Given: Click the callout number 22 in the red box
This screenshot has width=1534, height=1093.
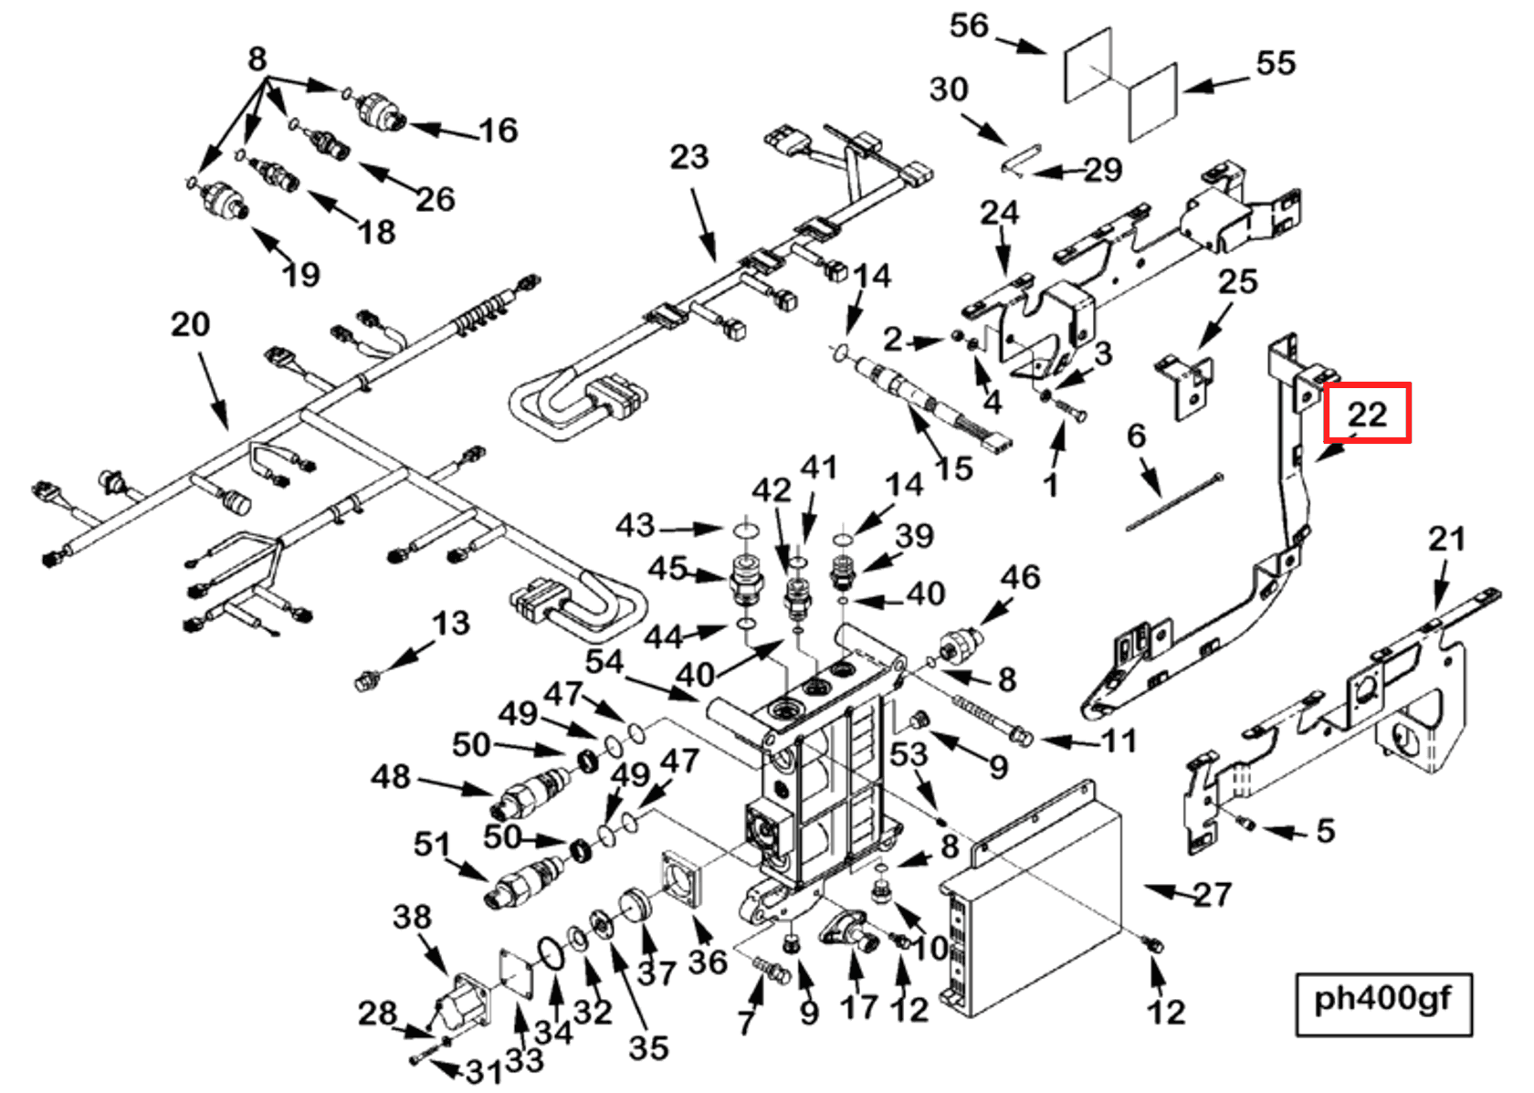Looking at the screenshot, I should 1367,415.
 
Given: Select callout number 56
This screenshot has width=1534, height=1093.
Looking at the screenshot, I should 969,26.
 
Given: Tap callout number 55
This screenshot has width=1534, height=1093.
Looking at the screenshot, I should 1275,63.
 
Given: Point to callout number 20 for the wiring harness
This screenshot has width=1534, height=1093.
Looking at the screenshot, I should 190,324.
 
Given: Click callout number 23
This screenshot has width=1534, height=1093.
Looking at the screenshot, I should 688,157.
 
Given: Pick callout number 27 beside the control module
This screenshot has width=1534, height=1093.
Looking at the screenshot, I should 1212,894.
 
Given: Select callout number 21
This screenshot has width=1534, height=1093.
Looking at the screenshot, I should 1446,539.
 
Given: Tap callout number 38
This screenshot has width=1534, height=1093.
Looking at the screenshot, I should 412,916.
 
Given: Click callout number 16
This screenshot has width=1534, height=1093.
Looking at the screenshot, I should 499,131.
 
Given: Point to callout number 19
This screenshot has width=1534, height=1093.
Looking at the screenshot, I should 300,274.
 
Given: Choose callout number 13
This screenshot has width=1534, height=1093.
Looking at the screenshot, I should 450,624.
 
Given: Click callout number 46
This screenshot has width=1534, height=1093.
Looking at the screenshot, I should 1020,577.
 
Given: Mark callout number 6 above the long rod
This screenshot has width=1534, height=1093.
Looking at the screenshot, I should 1136,436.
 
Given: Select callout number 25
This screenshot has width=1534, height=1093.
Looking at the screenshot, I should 1237,281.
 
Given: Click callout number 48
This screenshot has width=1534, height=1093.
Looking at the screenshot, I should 391,777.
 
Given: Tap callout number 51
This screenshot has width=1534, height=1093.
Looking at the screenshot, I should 431,845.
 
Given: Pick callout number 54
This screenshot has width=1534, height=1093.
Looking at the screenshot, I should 604,662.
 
